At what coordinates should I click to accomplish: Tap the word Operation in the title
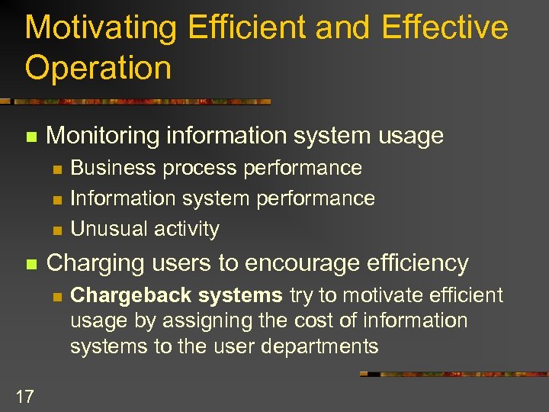pos(98,68)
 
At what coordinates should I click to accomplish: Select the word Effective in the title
pos(445,28)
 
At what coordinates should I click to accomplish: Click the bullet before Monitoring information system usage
pos(30,137)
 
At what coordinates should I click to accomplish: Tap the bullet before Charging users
pos(30,265)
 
